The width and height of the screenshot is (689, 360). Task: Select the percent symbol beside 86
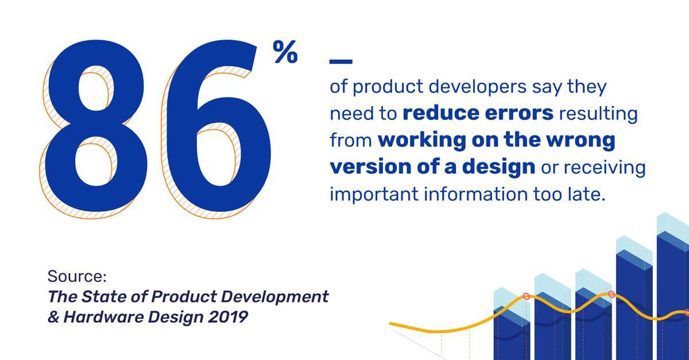point(285,52)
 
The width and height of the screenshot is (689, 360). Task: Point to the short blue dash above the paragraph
point(341,61)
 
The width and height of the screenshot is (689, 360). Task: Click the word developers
point(477,87)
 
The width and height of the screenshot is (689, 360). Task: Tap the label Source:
point(77,276)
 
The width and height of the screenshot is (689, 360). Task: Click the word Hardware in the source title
point(103,318)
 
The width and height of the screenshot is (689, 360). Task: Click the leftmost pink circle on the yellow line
point(527,296)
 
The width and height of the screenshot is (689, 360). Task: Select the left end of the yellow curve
point(391,323)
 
